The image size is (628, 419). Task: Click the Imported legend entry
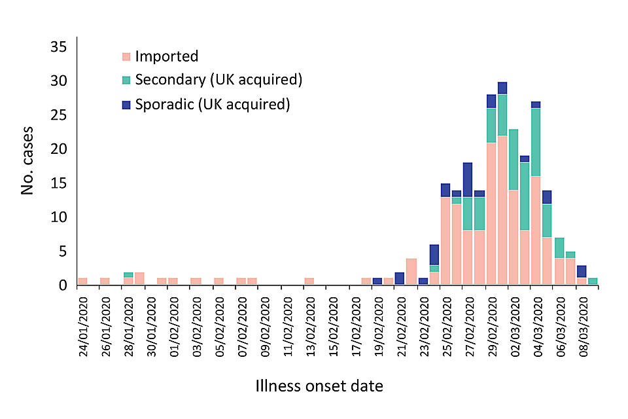coord(166,56)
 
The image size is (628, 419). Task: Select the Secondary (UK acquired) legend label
coord(218,80)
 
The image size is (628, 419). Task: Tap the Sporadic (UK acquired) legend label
coord(212,103)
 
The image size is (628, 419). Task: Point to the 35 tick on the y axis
coord(58,47)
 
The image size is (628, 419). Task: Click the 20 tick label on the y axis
coord(58,149)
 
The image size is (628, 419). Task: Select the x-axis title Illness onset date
coord(319,386)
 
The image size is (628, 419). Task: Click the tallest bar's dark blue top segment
coord(502,88)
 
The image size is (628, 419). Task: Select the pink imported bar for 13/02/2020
coord(309,282)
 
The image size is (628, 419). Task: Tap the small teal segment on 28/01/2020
coord(128,275)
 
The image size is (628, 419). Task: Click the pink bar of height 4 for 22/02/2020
coord(411,272)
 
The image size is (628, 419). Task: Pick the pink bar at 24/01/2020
coord(82,282)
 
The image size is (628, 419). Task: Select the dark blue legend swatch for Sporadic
coord(127,104)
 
